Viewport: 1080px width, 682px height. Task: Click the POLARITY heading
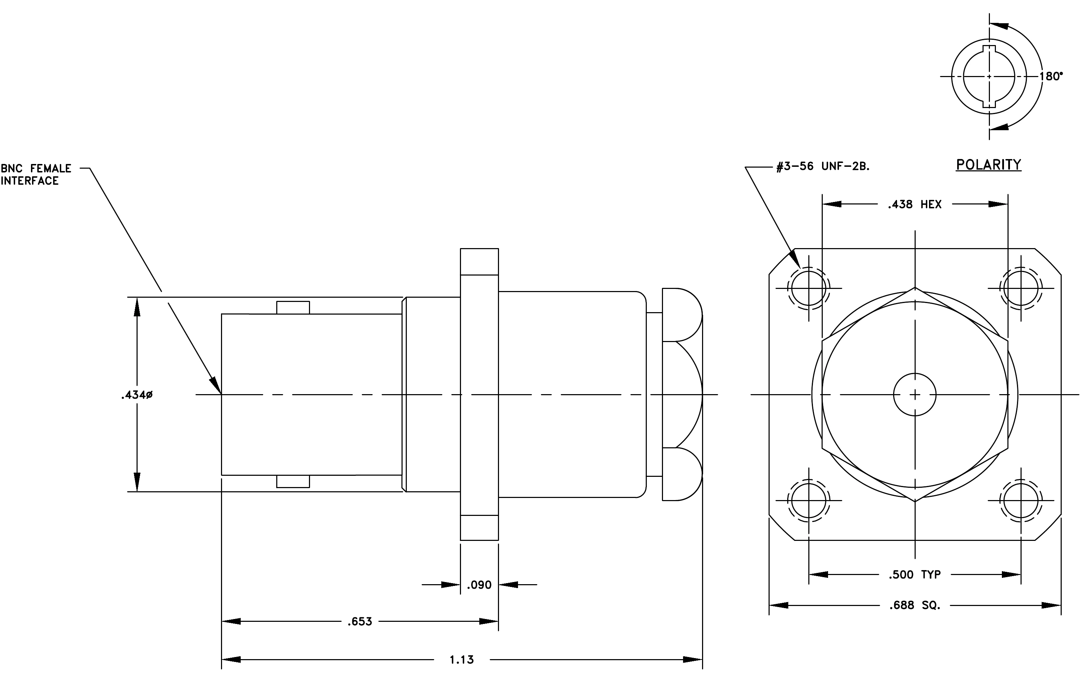pos(989,165)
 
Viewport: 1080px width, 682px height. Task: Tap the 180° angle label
pos(1051,76)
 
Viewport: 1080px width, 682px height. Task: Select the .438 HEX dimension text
pos(915,204)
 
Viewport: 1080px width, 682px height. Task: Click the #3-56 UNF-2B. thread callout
pos(823,166)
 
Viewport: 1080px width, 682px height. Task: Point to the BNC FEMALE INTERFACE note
pos(36,175)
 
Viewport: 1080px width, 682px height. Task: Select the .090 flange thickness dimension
pos(479,585)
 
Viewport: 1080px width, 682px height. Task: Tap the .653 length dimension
pos(360,621)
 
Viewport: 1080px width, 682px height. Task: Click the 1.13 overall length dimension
pos(461,659)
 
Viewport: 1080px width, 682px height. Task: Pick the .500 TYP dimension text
pos(915,574)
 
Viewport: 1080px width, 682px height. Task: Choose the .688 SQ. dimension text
pos(915,605)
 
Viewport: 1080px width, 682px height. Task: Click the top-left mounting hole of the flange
pos(809,288)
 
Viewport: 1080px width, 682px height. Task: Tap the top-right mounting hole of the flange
pos(1021,288)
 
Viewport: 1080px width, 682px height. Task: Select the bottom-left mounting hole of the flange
pos(809,500)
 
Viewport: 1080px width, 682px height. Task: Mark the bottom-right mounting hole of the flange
pos(1021,500)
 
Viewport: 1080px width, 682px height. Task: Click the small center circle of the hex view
pos(915,394)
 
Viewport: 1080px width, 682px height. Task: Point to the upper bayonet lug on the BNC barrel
pos(293,308)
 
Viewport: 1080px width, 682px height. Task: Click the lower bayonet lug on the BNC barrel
pos(293,481)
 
